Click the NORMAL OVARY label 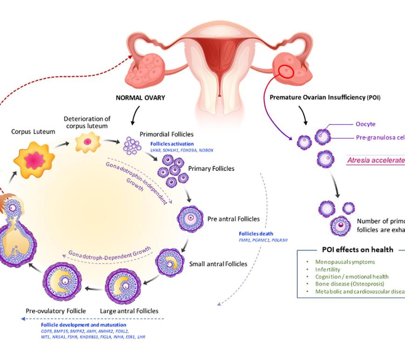pos(141,98)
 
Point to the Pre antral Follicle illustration pos(191,218)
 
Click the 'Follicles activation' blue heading pos(171,144)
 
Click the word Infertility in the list pos(327,269)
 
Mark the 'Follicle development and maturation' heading pos(83,324)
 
